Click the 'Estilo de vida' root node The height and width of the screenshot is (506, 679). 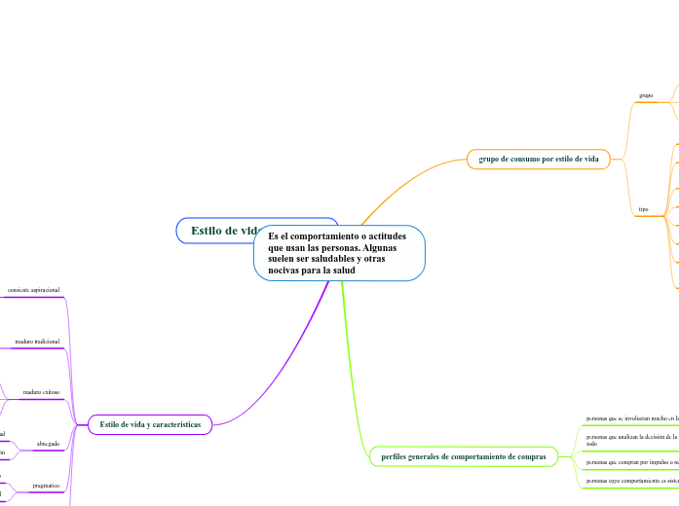click(x=220, y=231)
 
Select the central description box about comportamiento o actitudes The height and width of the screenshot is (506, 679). click(x=339, y=253)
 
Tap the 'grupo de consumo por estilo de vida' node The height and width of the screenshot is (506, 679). click(x=538, y=158)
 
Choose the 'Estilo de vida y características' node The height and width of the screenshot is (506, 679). click(x=150, y=425)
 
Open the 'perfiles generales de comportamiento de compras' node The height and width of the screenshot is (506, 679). click(x=463, y=455)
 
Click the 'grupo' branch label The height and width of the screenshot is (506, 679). click(x=646, y=95)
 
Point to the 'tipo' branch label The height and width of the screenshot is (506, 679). click(x=643, y=209)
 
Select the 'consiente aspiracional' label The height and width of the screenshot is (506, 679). click(x=33, y=290)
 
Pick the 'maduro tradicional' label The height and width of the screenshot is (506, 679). click(x=37, y=342)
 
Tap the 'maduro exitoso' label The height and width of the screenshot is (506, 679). click(x=42, y=392)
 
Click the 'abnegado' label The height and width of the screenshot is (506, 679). click(x=48, y=444)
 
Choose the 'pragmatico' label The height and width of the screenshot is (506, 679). click(x=46, y=485)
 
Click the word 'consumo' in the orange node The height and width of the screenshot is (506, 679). click(x=520, y=158)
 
